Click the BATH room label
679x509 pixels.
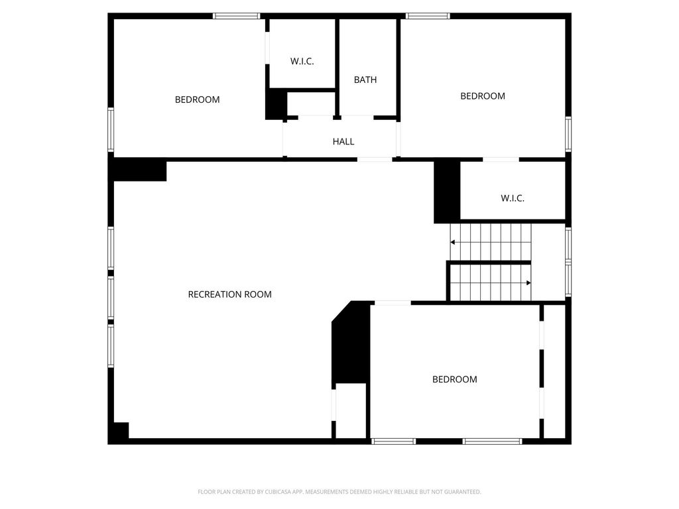365,80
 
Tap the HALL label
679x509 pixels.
343,142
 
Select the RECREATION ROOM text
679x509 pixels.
229,294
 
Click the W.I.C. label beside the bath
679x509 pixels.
302,62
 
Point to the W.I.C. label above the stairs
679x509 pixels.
513,198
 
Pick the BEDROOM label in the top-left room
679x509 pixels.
197,99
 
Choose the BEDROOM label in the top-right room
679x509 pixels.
483,96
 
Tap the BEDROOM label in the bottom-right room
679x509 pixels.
455,380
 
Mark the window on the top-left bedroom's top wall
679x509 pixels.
237,16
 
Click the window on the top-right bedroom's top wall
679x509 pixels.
428,16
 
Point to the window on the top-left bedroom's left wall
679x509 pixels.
111,129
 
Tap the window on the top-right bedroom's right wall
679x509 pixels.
568,134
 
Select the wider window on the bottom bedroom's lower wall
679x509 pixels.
492,441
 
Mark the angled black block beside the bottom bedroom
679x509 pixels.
351,342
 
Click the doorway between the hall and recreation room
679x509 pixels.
375,160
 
